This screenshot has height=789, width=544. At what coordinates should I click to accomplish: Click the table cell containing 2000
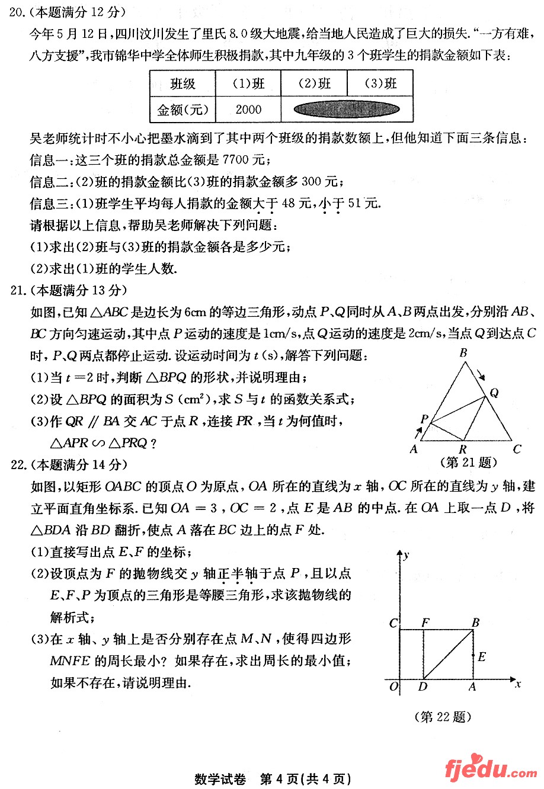[x=248, y=109]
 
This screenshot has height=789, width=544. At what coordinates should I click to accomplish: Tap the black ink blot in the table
[x=347, y=109]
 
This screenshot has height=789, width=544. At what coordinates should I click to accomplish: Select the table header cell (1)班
[x=248, y=84]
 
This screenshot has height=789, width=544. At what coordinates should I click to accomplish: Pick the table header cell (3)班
[x=380, y=84]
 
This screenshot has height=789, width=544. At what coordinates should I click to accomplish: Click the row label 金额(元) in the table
[x=183, y=109]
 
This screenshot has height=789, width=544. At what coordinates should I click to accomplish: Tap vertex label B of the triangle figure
[x=463, y=353]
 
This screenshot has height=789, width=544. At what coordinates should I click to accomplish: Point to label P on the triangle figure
[x=424, y=419]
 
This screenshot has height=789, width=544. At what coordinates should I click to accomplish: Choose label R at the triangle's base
[x=463, y=450]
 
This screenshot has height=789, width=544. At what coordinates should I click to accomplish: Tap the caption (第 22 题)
[x=443, y=717]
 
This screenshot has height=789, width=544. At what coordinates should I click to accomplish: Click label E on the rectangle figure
[x=482, y=656]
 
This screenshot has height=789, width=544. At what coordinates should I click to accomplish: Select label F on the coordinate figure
[x=425, y=623]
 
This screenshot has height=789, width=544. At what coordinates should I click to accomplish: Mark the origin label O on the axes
[x=393, y=687]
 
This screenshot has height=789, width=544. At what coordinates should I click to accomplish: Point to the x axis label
[x=517, y=684]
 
